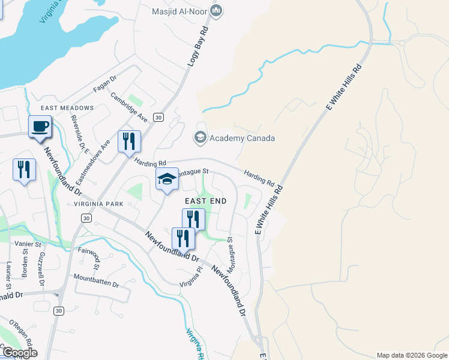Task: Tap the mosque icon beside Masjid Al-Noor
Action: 217,11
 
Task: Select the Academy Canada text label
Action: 242,139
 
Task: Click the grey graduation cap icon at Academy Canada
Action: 200,138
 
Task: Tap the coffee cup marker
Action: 40,127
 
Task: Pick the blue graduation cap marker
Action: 167,179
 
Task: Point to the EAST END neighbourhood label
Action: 206,201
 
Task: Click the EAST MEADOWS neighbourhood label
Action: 67,108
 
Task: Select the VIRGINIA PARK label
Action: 98,204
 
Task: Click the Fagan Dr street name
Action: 104,85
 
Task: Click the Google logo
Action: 19,352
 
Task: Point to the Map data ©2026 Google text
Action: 411,355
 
